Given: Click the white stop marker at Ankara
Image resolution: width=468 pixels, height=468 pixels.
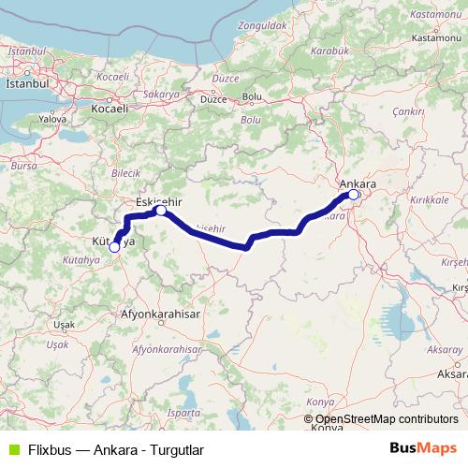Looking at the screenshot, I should click(354, 196).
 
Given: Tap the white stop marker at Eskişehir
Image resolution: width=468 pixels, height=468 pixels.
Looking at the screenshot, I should click(161, 211).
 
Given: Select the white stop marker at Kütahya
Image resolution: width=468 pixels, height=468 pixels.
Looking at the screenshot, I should click(114, 247).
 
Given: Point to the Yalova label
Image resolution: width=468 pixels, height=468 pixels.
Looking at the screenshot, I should click(52, 120).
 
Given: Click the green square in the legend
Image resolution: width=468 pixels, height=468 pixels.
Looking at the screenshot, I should click(10, 449).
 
